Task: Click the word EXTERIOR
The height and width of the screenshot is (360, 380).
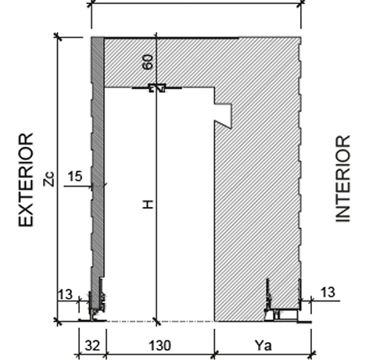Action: click(26, 180)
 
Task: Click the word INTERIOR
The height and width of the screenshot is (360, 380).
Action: click(342, 179)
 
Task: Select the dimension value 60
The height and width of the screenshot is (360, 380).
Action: click(148, 62)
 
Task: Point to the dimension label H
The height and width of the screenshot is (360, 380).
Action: click(148, 205)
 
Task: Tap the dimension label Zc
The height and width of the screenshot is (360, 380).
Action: click(49, 179)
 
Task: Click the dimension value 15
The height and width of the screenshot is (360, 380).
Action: click(75, 176)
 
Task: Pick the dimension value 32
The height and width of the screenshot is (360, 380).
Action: click(92, 346)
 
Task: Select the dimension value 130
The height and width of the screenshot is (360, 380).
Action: click(160, 346)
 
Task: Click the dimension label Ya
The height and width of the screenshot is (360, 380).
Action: click(263, 346)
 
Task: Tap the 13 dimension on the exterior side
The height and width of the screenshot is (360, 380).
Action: click(65, 294)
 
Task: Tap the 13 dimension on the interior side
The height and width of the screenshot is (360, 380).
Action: click(328, 292)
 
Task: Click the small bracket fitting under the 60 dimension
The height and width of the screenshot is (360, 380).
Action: click(157, 87)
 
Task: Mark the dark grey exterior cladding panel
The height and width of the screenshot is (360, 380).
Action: click(98, 162)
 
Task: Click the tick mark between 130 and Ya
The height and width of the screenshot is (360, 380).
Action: click(214, 355)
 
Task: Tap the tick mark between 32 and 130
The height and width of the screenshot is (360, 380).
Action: click(106, 355)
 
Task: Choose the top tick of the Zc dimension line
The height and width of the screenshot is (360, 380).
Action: click(58, 37)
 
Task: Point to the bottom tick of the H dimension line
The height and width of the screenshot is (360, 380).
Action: click(156, 322)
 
